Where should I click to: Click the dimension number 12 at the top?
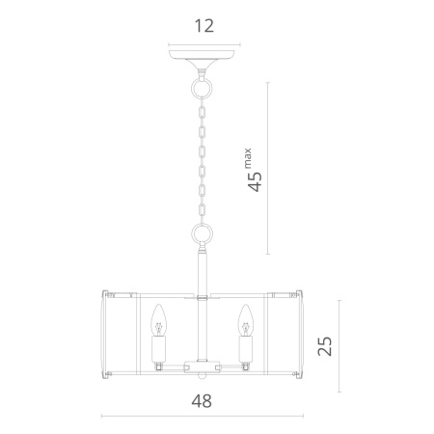[x=204, y=26]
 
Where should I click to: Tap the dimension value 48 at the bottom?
[x=202, y=401]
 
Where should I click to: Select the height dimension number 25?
[x=325, y=346]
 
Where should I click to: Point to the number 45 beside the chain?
[x=255, y=182]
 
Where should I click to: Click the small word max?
[x=248, y=158]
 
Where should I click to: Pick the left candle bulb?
[x=159, y=320]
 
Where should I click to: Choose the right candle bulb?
[x=246, y=320]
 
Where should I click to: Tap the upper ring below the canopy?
[x=202, y=79]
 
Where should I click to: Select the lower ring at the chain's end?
[x=202, y=225]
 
